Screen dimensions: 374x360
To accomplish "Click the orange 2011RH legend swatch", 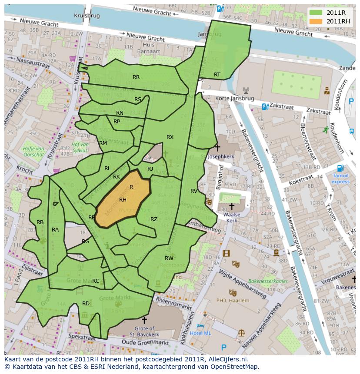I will pos(317,21).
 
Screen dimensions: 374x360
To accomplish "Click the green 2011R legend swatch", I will pos(317,13).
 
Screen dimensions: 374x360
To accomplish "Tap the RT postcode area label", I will pos(217,75).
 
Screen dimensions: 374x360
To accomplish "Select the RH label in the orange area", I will pos(123,200).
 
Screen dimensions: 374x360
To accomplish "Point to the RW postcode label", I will pos(169,258).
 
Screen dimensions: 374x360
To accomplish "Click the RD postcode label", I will pos(86,303).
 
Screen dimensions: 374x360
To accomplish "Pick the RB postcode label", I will pos(40,222).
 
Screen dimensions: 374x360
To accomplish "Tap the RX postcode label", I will pos(170,137).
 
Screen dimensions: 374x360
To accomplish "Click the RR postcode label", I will pos(136,77).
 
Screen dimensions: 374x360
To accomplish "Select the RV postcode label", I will pos(194,191).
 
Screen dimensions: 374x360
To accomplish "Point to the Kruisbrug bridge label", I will pos(87,15).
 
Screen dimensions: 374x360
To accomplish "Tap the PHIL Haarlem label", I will pos(233,300).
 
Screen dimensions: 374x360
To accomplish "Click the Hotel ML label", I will pos(200,333).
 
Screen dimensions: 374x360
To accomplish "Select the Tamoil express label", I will pos(340,179).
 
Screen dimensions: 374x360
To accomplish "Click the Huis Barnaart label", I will pos(149,48).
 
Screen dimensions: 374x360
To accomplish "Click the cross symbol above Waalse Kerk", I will pos(232,206).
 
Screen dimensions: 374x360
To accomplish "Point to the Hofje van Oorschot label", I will pos(33,151).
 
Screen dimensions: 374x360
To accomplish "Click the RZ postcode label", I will pos(154,219).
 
